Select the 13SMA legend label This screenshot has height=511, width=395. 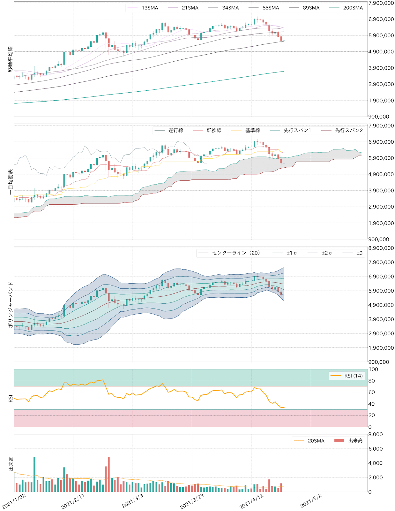[x=150, y=8]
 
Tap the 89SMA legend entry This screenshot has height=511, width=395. [x=311, y=8]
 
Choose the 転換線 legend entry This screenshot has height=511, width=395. [x=214, y=130]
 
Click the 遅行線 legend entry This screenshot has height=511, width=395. [x=175, y=130]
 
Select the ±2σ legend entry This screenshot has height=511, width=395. [x=326, y=253]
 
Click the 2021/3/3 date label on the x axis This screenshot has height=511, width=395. [x=133, y=501]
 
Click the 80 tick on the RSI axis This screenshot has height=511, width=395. [x=371, y=381]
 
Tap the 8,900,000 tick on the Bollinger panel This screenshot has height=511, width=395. [x=381, y=248]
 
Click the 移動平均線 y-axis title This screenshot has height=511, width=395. [x=11, y=59]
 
